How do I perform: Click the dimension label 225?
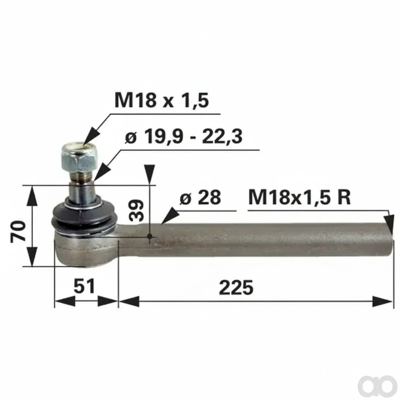[236, 287]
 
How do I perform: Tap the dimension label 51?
[84, 286]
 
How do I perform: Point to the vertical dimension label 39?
[136, 211]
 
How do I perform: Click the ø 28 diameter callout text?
[200, 197]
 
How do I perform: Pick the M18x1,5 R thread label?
[299, 197]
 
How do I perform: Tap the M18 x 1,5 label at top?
[162, 100]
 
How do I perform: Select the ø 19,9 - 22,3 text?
[184, 137]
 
